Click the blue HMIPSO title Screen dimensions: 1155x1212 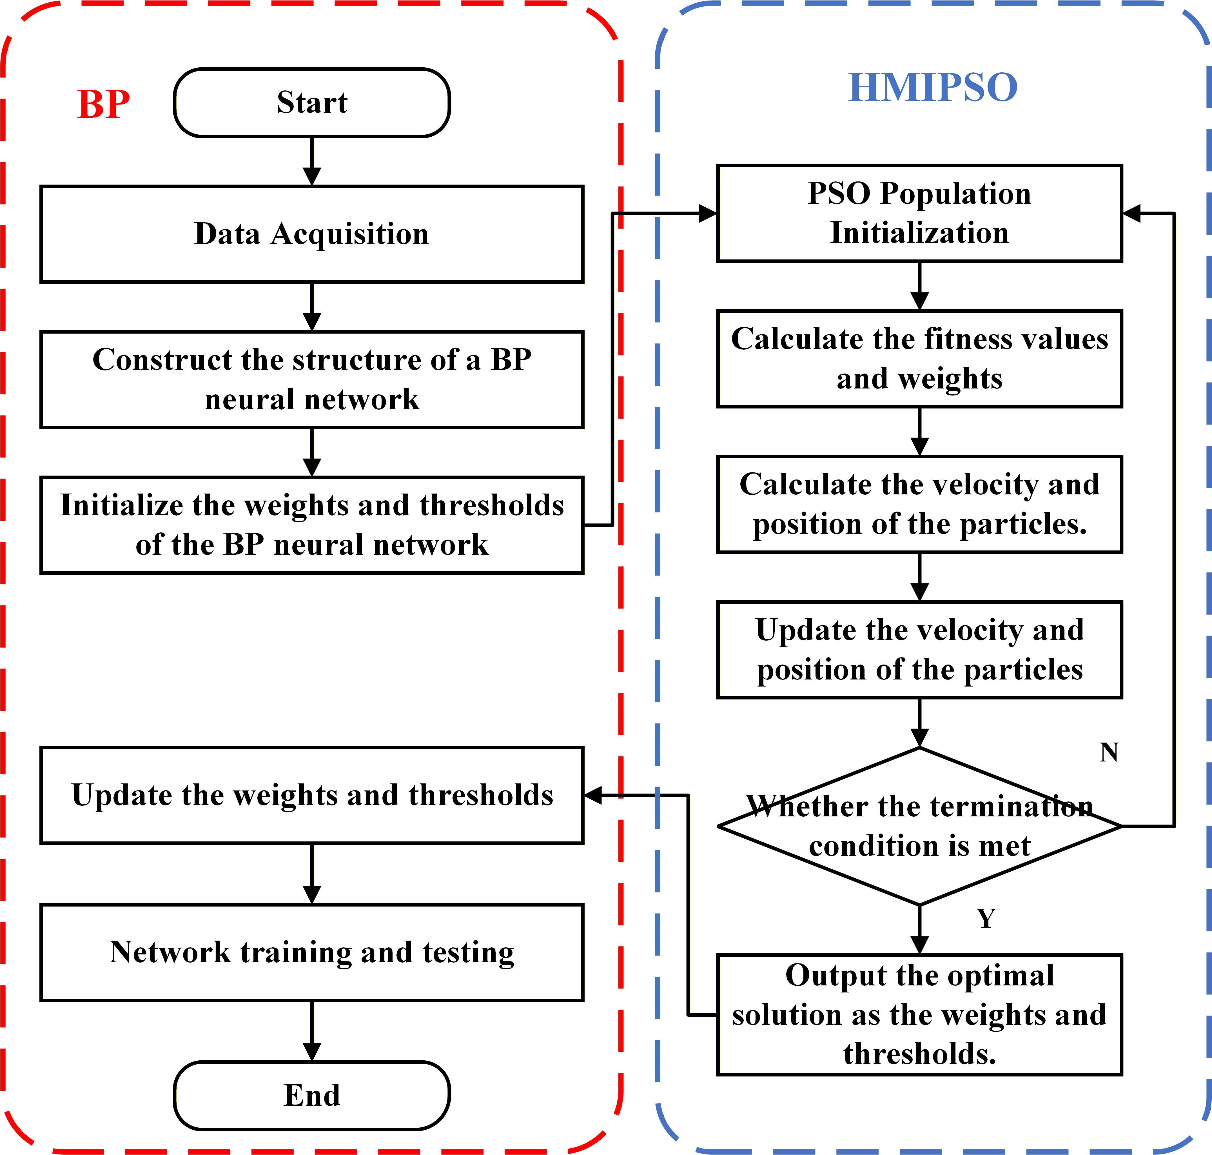[933, 87]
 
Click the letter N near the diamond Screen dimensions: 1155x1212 [1109, 752]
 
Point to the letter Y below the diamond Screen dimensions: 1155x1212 [986, 919]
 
